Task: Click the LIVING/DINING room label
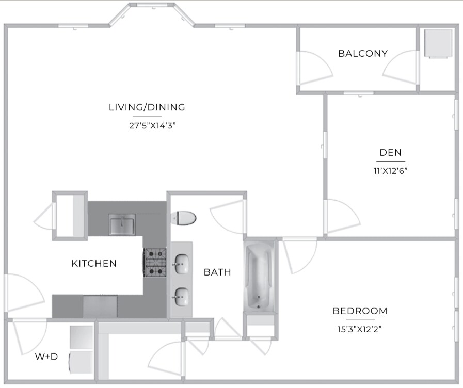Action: pos(147,107)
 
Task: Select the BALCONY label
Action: pos(362,54)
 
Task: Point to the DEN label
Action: pos(390,153)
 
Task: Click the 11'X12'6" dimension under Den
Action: pos(390,171)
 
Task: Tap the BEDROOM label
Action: pos(360,311)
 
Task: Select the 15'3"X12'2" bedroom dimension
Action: pos(360,328)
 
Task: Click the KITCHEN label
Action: pos(94,264)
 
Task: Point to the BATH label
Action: pos(217,272)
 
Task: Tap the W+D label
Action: pos(46,356)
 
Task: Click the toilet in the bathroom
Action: pos(185,218)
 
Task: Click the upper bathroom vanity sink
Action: pos(181,264)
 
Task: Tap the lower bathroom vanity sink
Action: pos(181,296)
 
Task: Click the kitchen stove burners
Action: pos(154,263)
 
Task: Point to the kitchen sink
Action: pos(122,225)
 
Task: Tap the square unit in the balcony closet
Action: pos(438,44)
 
